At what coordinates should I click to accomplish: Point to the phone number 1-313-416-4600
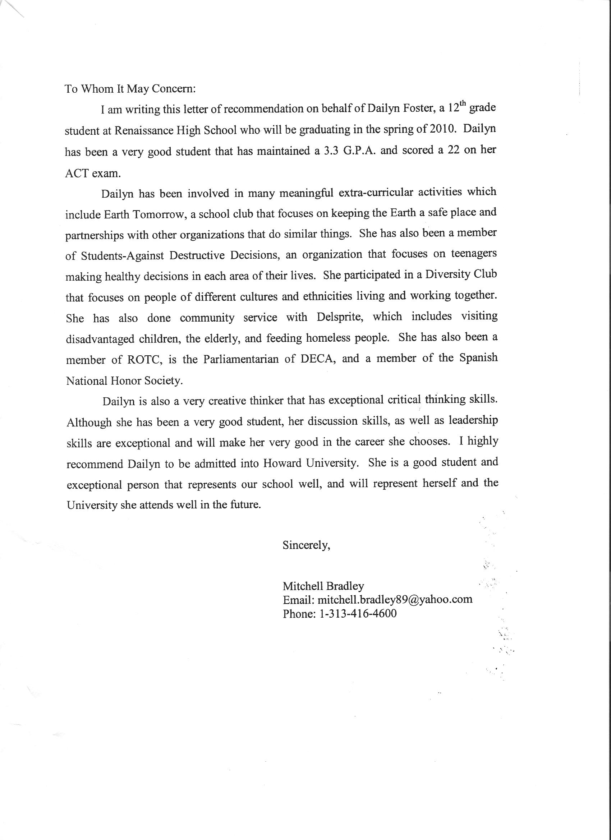click(x=358, y=614)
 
